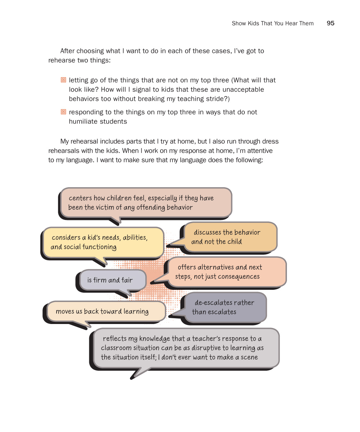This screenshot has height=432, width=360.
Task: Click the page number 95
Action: tap(330, 23)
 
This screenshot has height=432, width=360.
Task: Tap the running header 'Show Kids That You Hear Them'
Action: tap(273, 23)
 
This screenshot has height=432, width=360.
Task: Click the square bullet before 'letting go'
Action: tap(64, 80)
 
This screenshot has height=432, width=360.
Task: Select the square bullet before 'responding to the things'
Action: tap(64, 112)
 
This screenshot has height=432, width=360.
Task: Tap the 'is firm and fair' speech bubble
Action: tap(110, 280)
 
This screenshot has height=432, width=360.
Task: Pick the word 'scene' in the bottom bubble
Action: tap(249, 357)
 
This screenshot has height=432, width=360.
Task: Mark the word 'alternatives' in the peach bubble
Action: tap(215, 267)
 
